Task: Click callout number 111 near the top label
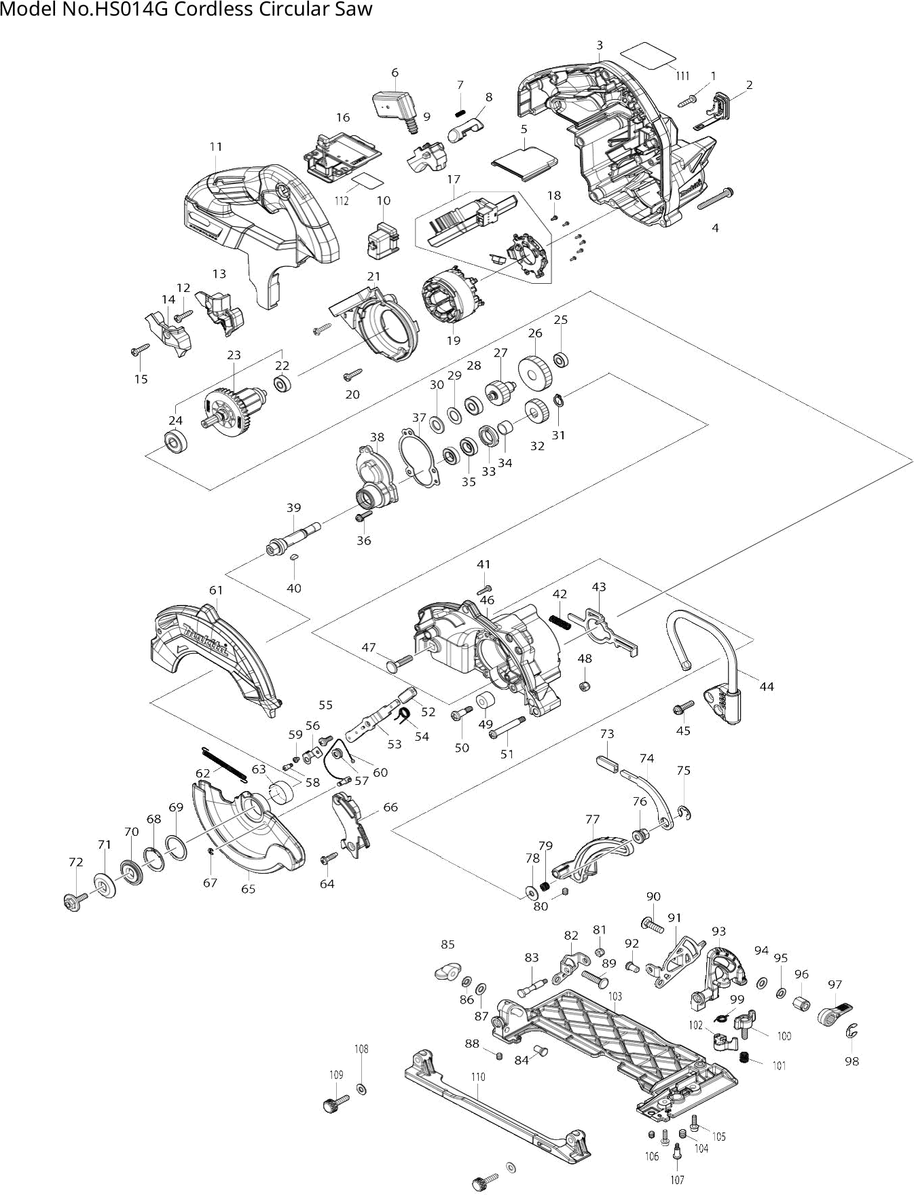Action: pyautogui.click(x=682, y=75)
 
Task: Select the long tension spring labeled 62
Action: pyautogui.click(x=224, y=764)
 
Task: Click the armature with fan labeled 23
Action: pyautogui.click(x=225, y=409)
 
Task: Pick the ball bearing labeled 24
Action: pyautogui.click(x=176, y=443)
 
